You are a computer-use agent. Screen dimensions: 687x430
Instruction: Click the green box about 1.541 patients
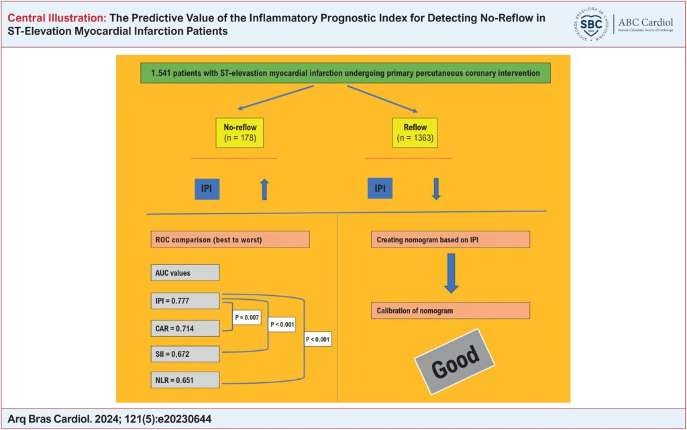tap(346, 73)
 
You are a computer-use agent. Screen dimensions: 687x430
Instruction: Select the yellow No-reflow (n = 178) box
tap(240, 133)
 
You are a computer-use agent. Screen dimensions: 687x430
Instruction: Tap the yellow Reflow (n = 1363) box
tap(415, 133)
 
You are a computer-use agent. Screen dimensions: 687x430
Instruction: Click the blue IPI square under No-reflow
tap(207, 189)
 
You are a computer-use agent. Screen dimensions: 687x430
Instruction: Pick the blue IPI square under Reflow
tap(380, 189)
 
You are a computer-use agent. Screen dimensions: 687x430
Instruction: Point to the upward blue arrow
tap(264, 189)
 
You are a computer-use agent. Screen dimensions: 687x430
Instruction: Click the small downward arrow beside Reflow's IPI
tap(436, 189)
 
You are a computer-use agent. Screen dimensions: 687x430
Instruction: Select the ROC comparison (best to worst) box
tap(230, 239)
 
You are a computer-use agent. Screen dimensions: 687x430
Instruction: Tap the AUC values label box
tap(185, 272)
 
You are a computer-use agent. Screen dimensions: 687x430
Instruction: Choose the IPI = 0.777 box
tap(185, 301)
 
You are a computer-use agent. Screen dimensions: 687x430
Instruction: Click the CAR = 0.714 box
tap(185, 328)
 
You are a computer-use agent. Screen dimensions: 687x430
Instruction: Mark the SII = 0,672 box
tap(185, 354)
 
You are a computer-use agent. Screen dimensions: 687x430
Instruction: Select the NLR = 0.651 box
tap(185, 380)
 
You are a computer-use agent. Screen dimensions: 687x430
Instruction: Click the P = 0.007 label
tap(247, 317)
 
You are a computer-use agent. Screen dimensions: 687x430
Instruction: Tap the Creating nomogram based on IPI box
tap(450, 239)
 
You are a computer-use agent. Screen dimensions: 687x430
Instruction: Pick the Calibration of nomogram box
tap(450, 311)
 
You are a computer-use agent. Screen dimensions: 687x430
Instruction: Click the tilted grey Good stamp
tap(455, 362)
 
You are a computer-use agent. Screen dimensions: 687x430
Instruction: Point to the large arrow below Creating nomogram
tap(451, 273)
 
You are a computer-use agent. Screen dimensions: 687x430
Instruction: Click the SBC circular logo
tap(591, 24)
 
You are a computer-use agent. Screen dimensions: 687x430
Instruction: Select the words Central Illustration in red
tap(57, 18)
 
